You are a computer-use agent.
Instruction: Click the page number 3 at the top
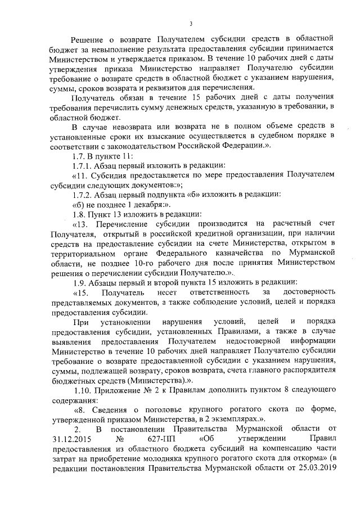pyautogui.click(x=191, y=23)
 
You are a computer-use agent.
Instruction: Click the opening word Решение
pyautogui.click(x=92, y=38)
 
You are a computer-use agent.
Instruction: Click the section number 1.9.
pyautogui.click(x=80, y=282)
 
